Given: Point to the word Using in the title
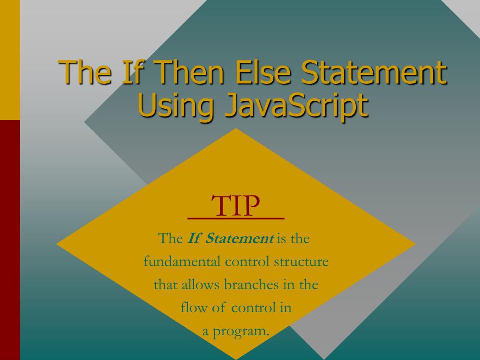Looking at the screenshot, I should (176, 105).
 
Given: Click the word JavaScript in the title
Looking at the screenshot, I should (295, 105).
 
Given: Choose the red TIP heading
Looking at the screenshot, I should (236, 206).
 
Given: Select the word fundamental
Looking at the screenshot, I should (181, 262).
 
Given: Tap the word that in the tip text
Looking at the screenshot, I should (164, 285).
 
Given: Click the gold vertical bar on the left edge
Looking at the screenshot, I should (10, 60).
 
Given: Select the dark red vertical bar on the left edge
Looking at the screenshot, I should (10, 239).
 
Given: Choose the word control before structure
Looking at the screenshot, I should (247, 262).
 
